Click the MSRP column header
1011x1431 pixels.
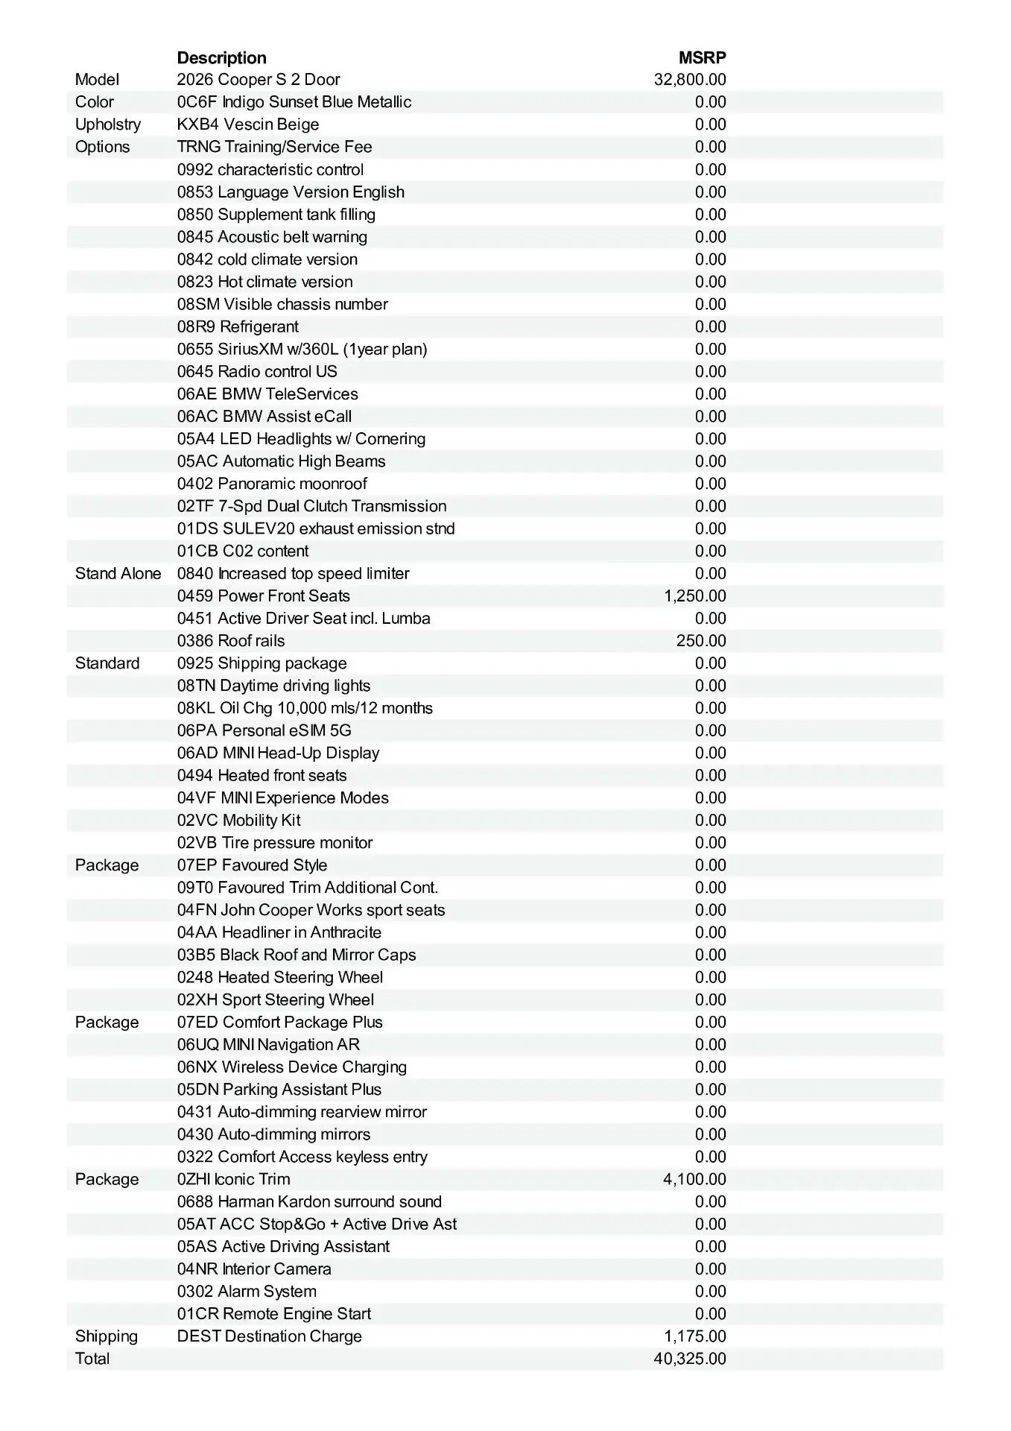click(x=702, y=58)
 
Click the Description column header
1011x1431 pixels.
click(x=221, y=58)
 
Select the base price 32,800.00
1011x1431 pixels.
click(x=690, y=80)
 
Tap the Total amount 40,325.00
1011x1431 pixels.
click(x=690, y=1359)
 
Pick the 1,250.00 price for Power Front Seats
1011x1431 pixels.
click(x=694, y=596)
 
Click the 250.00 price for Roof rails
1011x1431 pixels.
click(x=700, y=641)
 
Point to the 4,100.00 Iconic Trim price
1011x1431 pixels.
click(x=694, y=1179)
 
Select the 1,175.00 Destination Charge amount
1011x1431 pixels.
click(x=694, y=1336)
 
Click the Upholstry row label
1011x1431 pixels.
click(x=108, y=124)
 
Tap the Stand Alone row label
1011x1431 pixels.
click(x=118, y=574)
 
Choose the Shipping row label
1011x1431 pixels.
click(x=107, y=1336)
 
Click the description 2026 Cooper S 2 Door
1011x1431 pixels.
click(x=259, y=80)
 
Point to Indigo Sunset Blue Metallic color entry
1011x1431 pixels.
click(x=294, y=102)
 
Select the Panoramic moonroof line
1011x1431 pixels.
click(x=272, y=484)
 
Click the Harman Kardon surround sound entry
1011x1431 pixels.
click(x=309, y=1201)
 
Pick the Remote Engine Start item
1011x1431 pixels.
click(x=274, y=1314)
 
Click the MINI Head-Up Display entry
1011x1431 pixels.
click(x=279, y=753)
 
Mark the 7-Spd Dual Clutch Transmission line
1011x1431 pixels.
click(x=311, y=506)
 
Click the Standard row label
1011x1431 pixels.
click(x=107, y=663)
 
